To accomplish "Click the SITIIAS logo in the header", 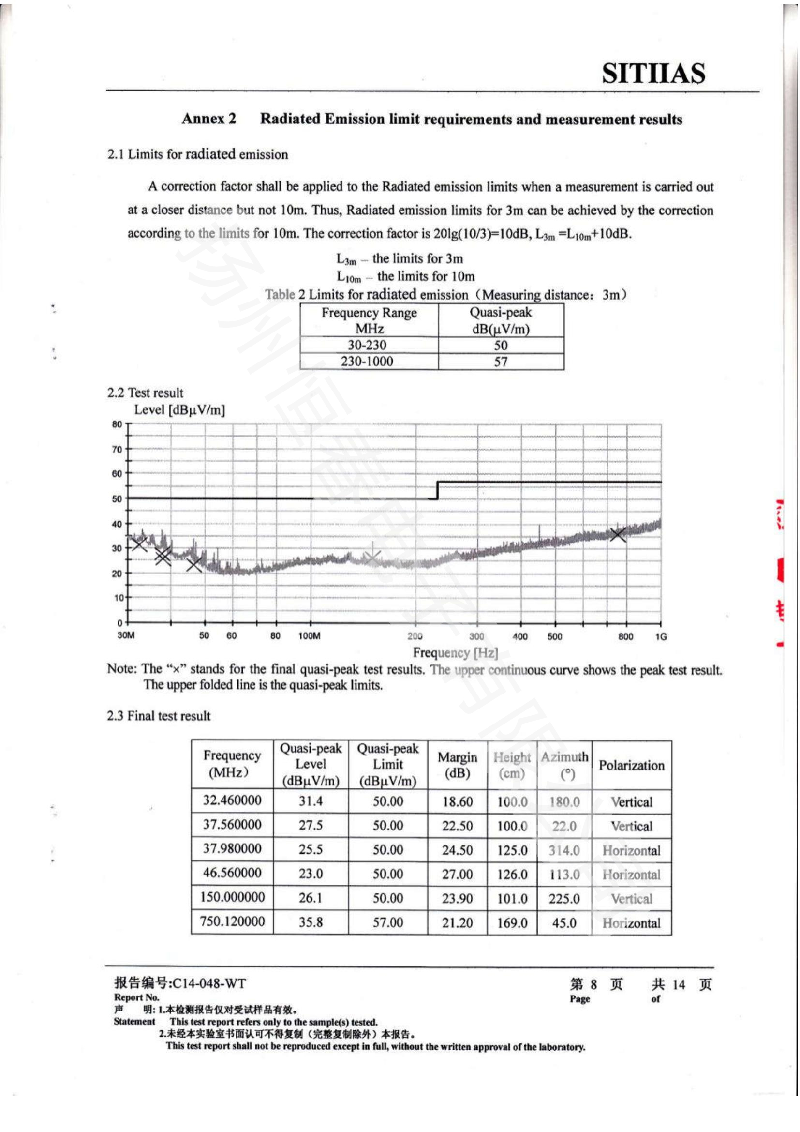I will click(x=653, y=74).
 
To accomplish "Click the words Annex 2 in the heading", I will click(x=209, y=119).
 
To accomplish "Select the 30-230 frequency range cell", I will click(x=367, y=345).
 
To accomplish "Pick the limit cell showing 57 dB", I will click(x=501, y=362).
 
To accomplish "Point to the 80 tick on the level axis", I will click(x=117, y=424).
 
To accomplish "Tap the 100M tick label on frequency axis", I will click(x=309, y=636).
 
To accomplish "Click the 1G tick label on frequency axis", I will click(x=661, y=636).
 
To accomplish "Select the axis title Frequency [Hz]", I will click(x=455, y=653).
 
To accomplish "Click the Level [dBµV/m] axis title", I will click(x=179, y=410).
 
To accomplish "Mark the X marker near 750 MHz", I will click(x=618, y=534).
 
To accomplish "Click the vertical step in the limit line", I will click(x=437, y=491).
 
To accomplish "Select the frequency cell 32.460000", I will click(x=232, y=800).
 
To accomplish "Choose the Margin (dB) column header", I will click(x=457, y=765).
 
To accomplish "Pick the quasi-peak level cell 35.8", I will click(x=311, y=922).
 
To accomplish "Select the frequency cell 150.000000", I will click(x=232, y=897).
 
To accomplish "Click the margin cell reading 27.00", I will click(x=457, y=874).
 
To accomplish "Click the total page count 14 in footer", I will click(x=678, y=984).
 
